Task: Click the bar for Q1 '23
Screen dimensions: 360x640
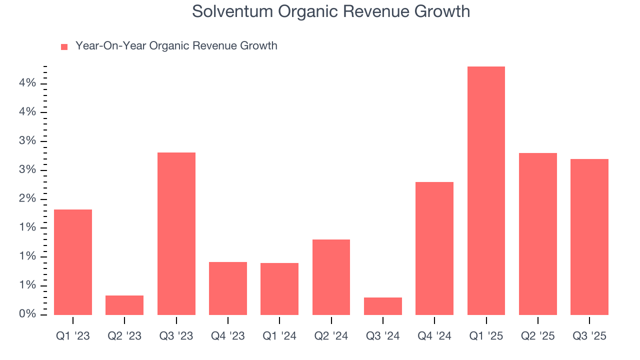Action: click(x=73, y=262)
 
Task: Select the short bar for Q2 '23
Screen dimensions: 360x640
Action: click(x=124, y=305)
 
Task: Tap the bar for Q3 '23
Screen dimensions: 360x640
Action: click(x=176, y=233)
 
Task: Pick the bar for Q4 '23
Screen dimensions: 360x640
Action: click(x=228, y=288)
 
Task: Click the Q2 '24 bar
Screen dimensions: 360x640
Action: click(x=331, y=277)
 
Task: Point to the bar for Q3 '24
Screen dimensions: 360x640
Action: click(x=383, y=306)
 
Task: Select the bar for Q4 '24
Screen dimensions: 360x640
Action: click(x=434, y=248)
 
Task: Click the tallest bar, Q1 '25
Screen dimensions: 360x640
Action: click(x=486, y=190)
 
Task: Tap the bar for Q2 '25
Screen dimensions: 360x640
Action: click(x=538, y=234)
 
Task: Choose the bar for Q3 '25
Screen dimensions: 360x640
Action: click(x=589, y=237)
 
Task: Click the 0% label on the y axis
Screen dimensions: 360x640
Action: click(x=27, y=314)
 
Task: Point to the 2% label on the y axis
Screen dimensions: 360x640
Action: click(x=27, y=199)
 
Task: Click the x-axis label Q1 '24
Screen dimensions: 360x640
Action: click(x=279, y=336)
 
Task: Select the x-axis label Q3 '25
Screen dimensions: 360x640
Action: click(x=589, y=336)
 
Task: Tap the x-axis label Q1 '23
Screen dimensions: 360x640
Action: click(x=73, y=336)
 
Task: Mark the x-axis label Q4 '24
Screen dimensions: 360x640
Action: click(x=434, y=336)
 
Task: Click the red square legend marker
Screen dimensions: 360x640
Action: click(x=64, y=47)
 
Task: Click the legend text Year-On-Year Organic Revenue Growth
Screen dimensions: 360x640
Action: click(x=176, y=46)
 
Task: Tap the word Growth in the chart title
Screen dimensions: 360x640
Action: click(x=443, y=11)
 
